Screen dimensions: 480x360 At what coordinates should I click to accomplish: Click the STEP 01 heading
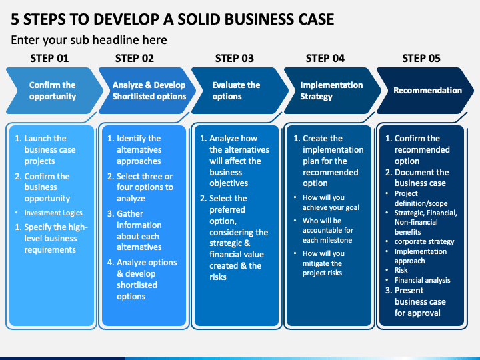49,58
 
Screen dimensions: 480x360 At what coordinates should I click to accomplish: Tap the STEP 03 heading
235,58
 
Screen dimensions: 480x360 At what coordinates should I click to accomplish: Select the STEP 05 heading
421,58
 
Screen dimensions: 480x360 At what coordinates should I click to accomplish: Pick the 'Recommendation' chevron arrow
425,91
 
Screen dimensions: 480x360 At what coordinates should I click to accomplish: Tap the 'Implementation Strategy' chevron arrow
333,91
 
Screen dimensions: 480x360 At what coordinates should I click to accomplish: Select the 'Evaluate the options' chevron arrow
240,91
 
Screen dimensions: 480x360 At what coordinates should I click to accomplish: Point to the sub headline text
89,40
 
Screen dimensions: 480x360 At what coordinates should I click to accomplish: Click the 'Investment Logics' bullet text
53,213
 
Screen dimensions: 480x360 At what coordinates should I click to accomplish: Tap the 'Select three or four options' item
140,187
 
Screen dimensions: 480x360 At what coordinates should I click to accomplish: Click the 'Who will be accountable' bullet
328,230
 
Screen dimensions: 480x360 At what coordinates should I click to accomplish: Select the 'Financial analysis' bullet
422,280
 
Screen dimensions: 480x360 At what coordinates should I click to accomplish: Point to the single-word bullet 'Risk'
401,270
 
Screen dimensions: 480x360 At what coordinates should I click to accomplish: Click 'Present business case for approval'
416,302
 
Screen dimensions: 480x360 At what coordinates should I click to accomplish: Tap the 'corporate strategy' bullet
424,241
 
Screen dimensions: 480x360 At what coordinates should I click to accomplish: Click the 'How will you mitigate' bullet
323,263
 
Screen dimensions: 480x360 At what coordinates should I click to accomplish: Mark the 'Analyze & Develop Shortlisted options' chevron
147,91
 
